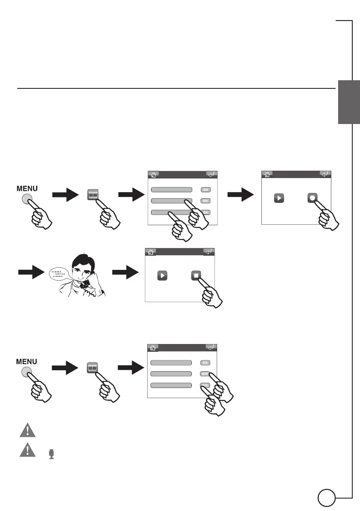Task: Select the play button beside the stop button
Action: click(x=162, y=275)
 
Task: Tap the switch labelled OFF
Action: click(x=205, y=374)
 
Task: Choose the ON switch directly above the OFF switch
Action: click(x=205, y=363)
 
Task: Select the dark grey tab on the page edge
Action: click(x=348, y=102)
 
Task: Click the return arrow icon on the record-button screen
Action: click(x=326, y=174)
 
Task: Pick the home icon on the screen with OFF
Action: click(x=153, y=348)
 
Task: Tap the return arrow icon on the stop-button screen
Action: click(x=209, y=252)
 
